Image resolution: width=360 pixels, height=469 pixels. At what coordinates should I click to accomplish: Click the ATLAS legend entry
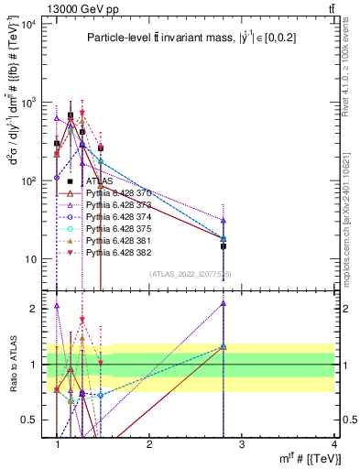(100, 181)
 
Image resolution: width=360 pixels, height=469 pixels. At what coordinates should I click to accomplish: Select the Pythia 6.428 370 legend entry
(117, 193)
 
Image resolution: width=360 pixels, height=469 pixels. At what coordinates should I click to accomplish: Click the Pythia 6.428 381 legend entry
(117, 239)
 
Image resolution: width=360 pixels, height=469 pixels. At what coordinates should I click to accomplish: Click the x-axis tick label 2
(149, 444)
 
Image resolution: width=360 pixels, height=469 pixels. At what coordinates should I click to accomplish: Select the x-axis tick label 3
(241, 444)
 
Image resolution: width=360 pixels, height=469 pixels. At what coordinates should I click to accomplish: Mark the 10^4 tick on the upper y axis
(29, 24)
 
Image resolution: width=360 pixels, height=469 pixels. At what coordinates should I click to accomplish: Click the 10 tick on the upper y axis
(33, 259)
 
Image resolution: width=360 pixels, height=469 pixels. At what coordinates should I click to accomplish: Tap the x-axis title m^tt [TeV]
(304, 458)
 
